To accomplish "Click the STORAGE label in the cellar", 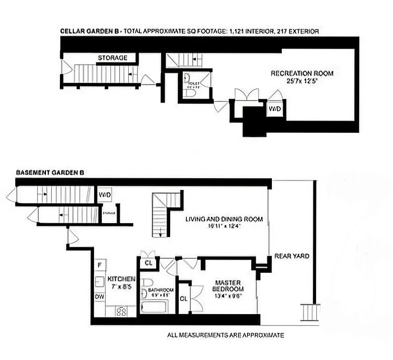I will click(113, 58).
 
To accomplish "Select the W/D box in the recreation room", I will click(274, 109).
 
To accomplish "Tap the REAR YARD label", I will click(292, 256).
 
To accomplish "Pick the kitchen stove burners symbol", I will click(121, 311).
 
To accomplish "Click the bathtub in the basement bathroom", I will click(154, 307).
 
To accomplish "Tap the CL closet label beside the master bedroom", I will click(184, 298).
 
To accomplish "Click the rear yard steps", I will click(310, 312).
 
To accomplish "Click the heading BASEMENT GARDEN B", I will click(50, 172).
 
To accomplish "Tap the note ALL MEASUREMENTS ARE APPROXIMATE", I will click(225, 335).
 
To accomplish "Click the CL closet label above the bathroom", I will click(148, 263).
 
